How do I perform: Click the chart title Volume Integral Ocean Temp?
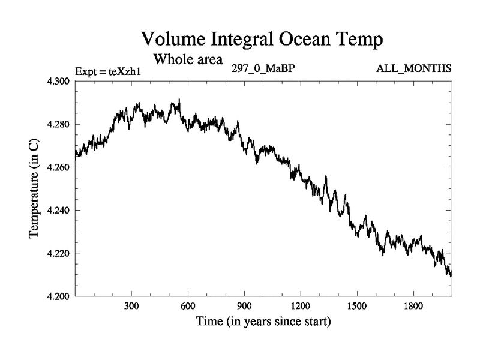(261, 40)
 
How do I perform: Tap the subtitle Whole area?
(188, 59)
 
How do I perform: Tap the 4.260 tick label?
(59, 167)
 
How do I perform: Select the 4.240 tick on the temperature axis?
(59, 211)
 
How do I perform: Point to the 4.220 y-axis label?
(59, 253)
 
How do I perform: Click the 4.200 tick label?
(59, 296)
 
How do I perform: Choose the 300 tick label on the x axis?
(132, 307)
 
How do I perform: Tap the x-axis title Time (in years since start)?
(263, 322)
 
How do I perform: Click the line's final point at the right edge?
(451, 274)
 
